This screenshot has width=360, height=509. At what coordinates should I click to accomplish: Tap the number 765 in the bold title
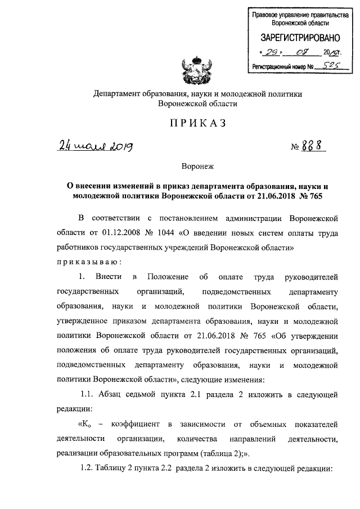coord(317,196)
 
